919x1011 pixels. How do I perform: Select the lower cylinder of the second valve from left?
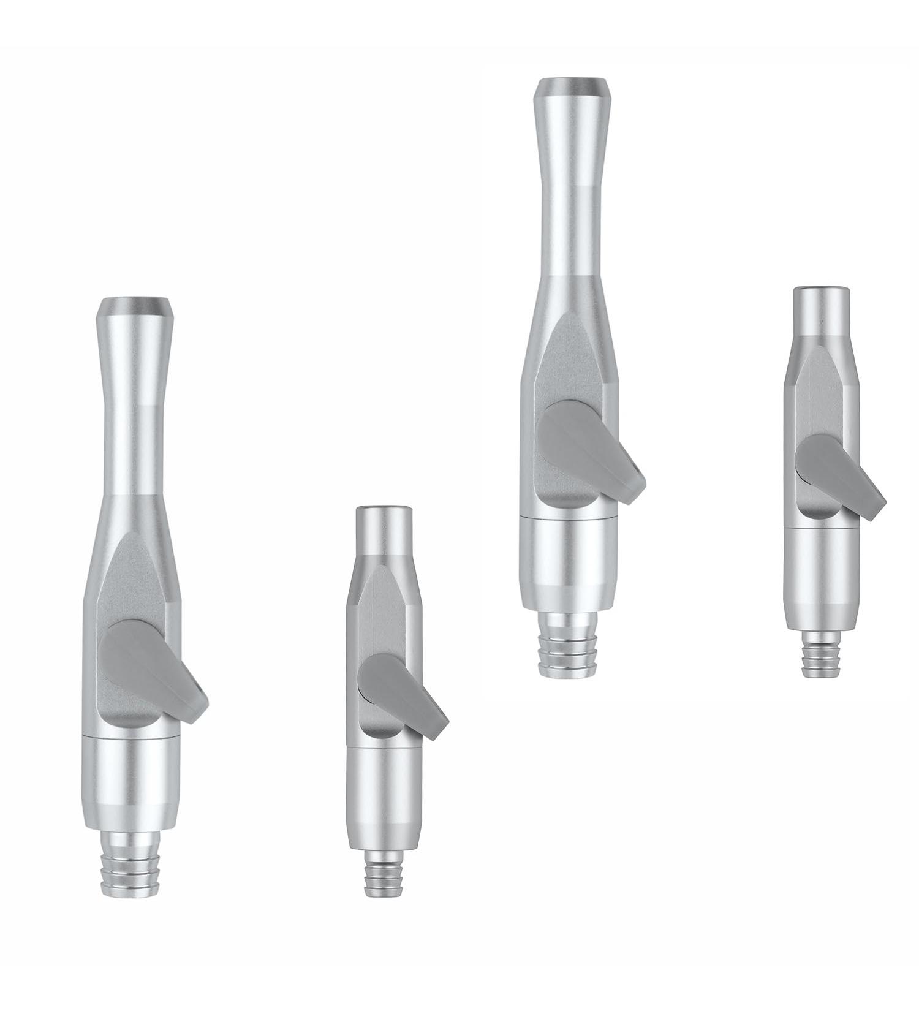[384, 797]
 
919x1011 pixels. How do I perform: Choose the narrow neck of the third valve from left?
[571, 202]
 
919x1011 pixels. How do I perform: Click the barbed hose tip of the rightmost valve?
[822, 658]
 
